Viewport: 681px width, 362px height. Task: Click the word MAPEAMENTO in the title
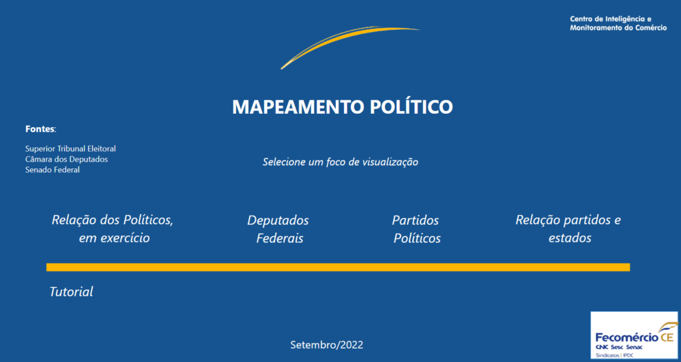[298, 107]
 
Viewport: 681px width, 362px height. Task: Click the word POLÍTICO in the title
[411, 106]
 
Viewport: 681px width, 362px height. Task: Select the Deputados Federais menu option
[279, 229]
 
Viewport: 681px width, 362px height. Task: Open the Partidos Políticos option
[416, 229]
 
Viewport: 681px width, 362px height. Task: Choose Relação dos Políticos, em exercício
[112, 229]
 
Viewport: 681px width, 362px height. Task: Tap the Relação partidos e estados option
[569, 229]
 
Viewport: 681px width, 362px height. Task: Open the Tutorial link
[71, 291]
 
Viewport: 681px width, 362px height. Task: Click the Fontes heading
[41, 129]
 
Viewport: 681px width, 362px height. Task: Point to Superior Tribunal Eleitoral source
[70, 148]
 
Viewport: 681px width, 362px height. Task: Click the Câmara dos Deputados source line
[67, 159]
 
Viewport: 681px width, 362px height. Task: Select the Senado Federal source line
[53, 170]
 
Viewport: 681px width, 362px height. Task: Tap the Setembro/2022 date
[327, 345]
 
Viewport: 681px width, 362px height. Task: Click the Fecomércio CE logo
[634, 335]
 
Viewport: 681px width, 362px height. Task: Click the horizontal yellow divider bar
[338, 268]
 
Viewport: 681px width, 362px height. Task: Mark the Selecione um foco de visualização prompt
[340, 162]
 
